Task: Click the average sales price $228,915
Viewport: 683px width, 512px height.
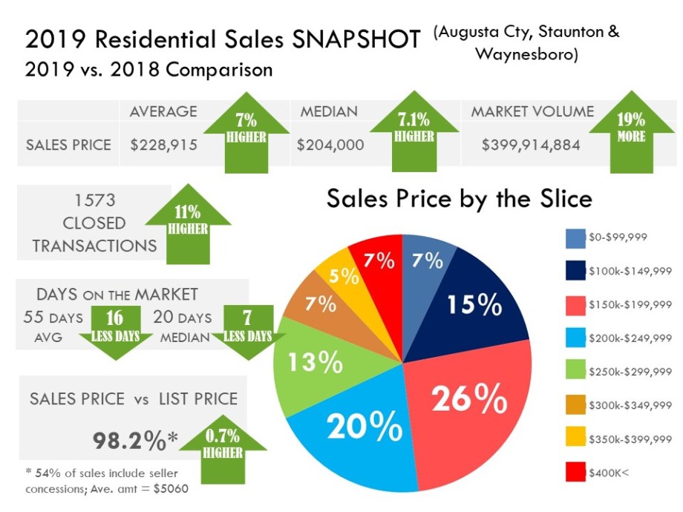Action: coord(163,145)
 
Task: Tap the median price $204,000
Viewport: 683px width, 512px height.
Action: coord(330,145)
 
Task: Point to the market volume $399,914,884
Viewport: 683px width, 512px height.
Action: coord(531,145)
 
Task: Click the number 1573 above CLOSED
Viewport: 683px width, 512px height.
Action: coord(94,200)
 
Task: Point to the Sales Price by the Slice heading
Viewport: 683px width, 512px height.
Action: coord(459,199)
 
